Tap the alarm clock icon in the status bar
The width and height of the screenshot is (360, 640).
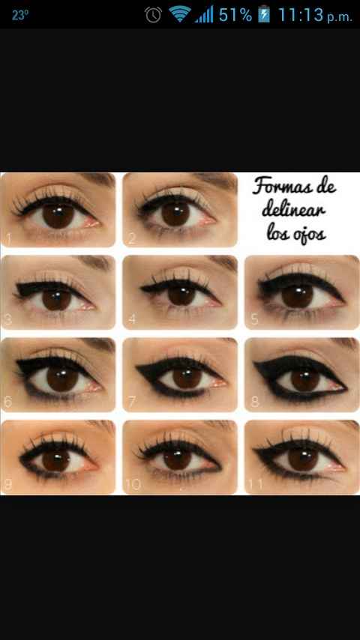pyautogui.click(x=153, y=15)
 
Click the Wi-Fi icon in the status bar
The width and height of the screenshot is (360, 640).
pyautogui.click(x=180, y=14)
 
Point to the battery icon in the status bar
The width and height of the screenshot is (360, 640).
pyautogui.click(x=264, y=14)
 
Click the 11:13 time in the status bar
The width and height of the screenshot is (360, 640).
pyautogui.click(x=301, y=15)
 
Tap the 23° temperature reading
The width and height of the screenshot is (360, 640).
pyautogui.click(x=20, y=15)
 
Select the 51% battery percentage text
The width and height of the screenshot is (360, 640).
pyautogui.click(x=235, y=15)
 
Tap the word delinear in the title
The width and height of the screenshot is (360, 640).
pyautogui.click(x=294, y=210)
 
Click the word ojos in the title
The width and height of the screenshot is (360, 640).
pyautogui.click(x=308, y=235)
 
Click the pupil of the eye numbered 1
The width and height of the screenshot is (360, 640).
pyautogui.click(x=58, y=214)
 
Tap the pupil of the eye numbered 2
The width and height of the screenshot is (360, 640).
pyautogui.click(x=175, y=214)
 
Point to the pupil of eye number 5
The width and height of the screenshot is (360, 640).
pyautogui.click(x=297, y=295)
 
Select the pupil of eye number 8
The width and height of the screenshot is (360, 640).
pyautogui.click(x=304, y=380)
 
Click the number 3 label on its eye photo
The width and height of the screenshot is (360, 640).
pyautogui.click(x=7, y=319)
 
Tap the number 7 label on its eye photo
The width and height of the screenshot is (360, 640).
pyautogui.click(x=131, y=402)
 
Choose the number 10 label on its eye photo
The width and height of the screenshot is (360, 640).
pyautogui.click(x=133, y=484)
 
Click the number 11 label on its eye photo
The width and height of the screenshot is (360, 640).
pyautogui.click(x=256, y=484)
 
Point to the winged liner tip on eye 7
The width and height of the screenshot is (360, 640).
pyautogui.click(x=138, y=366)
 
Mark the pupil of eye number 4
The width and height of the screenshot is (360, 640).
pyautogui.click(x=181, y=295)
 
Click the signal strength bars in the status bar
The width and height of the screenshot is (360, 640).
pyautogui.click(x=204, y=14)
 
